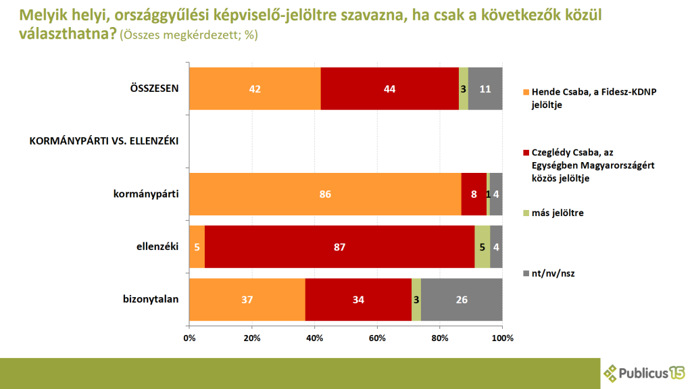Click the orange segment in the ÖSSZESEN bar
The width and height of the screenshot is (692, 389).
point(255,88)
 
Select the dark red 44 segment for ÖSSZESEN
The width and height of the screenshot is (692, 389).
point(389,88)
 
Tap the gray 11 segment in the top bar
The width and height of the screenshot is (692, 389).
point(485,88)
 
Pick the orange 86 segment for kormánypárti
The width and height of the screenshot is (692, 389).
point(325,194)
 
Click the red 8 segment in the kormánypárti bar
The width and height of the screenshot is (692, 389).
point(474,194)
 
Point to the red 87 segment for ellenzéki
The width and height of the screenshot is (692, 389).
point(339,247)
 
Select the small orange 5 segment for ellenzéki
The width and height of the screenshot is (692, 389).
point(197,247)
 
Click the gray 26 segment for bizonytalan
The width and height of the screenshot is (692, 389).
point(462,299)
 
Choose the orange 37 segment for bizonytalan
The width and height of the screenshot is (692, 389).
point(247,299)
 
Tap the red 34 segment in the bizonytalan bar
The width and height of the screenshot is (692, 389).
point(358,299)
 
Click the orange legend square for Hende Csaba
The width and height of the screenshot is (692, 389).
point(526,92)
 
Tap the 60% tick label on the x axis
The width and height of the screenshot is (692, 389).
point(377,338)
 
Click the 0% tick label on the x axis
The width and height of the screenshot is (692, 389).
point(189,338)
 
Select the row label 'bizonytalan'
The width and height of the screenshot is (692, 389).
point(151,299)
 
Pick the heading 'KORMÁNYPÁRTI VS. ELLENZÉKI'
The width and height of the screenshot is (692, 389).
point(103,141)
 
